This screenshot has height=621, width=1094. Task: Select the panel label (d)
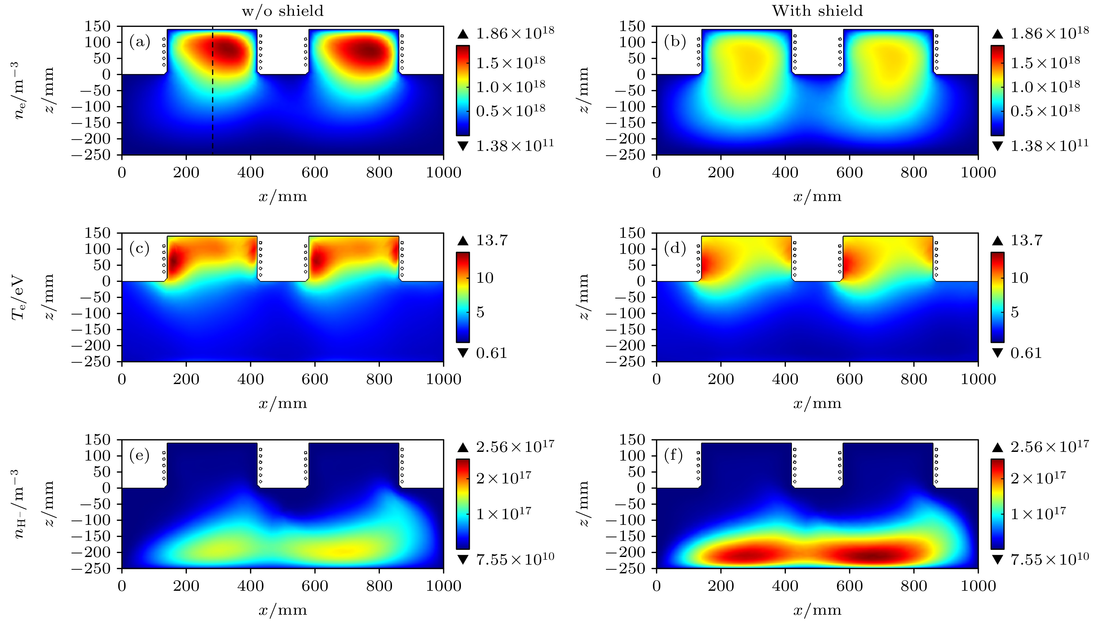pyautogui.click(x=674, y=249)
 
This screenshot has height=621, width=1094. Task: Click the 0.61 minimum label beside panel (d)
pyautogui.click(x=1026, y=353)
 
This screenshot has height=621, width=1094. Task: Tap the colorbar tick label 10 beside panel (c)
pyautogui.click(x=485, y=278)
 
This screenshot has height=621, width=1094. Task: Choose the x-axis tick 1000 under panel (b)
pyautogui.click(x=978, y=173)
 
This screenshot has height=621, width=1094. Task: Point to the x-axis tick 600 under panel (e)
pyautogui.click(x=315, y=586)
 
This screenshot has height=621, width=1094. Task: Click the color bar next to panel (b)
pyautogui.click(x=997, y=90)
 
